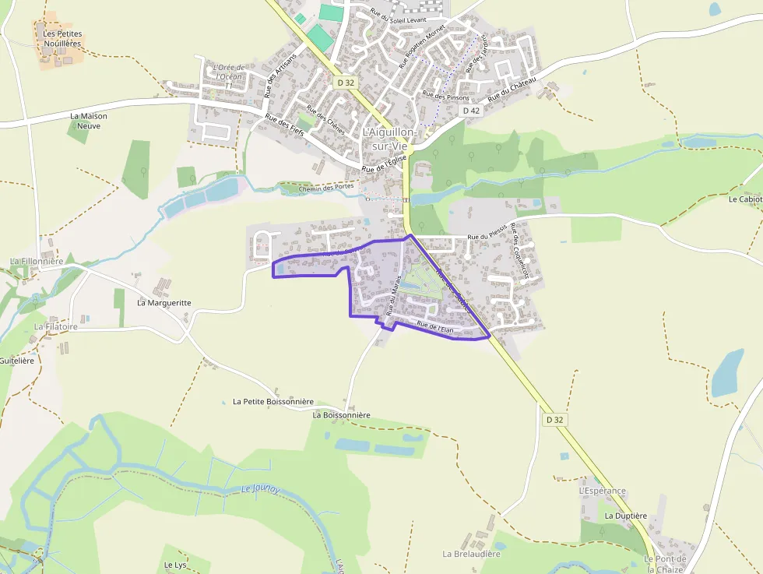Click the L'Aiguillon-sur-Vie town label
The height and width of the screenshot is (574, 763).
pos(390,139)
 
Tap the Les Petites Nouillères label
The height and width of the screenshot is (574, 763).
pos(62,39)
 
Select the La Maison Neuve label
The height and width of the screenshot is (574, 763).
pos(89,121)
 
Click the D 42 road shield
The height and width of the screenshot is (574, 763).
pos(471,111)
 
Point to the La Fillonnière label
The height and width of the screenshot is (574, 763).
pos(37,261)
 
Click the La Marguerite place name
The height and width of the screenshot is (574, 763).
pos(164,302)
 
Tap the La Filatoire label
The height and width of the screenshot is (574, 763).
pos(56,327)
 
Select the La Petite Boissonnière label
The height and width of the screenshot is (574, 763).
pos(272,402)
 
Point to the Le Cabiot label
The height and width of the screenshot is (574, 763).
pos(745,199)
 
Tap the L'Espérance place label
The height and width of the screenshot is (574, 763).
pos(602,491)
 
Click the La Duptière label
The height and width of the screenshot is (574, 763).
pos(625,516)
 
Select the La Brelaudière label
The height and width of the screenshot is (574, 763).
pos(471,554)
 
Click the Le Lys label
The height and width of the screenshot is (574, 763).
pos(175,565)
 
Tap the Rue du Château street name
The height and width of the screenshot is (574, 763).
pos(512,90)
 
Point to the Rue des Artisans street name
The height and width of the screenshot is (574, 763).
pos(280,75)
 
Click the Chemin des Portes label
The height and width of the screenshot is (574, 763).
pos(327,187)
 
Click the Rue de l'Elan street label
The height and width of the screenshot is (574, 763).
pos(435,328)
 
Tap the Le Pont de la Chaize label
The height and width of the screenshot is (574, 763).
pos(665,564)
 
